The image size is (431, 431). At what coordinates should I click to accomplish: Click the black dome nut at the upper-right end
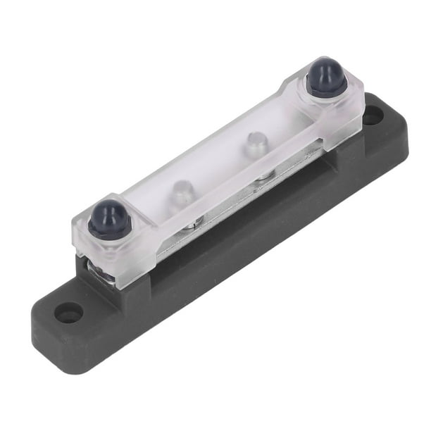coord(327,75)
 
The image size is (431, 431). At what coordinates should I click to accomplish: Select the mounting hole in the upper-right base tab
coord(373,114)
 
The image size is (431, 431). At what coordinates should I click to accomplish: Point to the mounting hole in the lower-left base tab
coord(69,313)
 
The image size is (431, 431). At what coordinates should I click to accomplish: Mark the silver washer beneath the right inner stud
coord(265,177)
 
